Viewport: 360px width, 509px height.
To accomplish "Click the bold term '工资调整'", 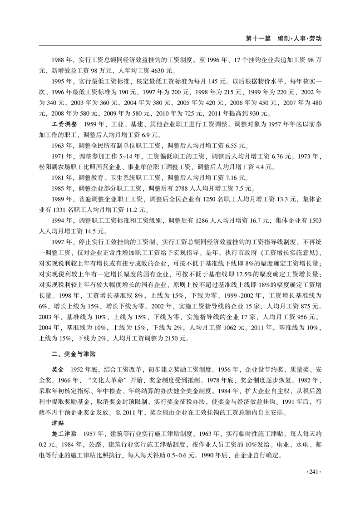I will (x=65, y=123).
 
